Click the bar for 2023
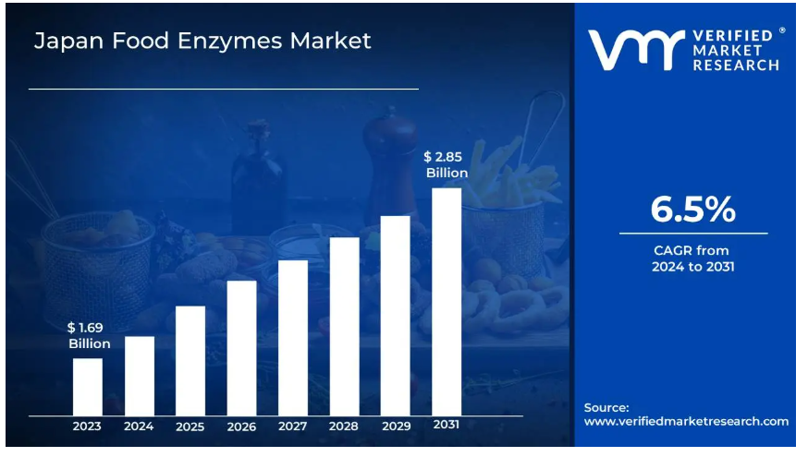(x=88, y=387)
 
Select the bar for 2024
(x=140, y=376)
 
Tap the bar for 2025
(x=190, y=360)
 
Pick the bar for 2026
(x=241, y=348)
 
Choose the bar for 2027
(x=293, y=338)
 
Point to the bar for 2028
(x=344, y=326)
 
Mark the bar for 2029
(x=395, y=316)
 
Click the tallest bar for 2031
(x=447, y=302)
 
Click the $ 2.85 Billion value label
(x=447, y=164)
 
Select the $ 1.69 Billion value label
(x=89, y=336)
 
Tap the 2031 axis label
(x=447, y=425)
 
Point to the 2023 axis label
(x=88, y=427)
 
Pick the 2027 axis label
(x=293, y=427)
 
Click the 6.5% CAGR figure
(x=692, y=210)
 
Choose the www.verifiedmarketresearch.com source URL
(x=687, y=421)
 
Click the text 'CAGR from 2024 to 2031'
(x=692, y=259)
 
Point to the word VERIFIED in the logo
(x=732, y=35)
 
